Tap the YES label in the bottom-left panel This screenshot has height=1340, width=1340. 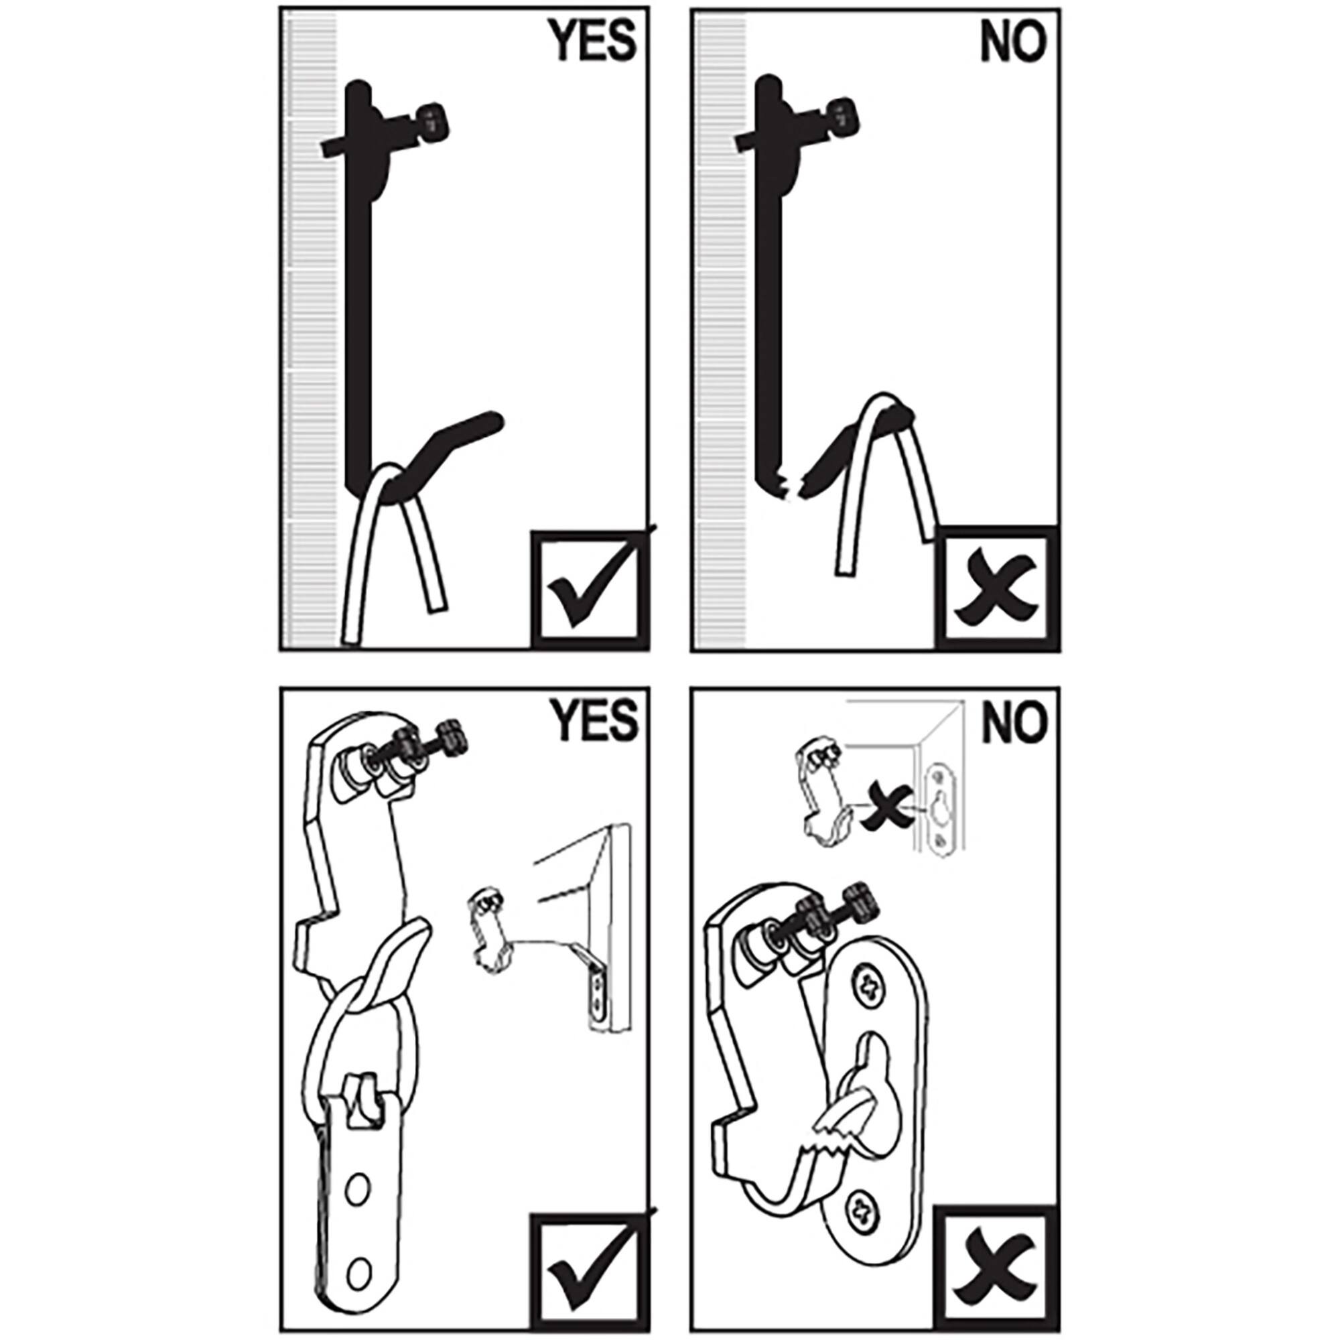(x=594, y=721)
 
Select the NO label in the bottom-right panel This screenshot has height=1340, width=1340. (x=1012, y=721)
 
